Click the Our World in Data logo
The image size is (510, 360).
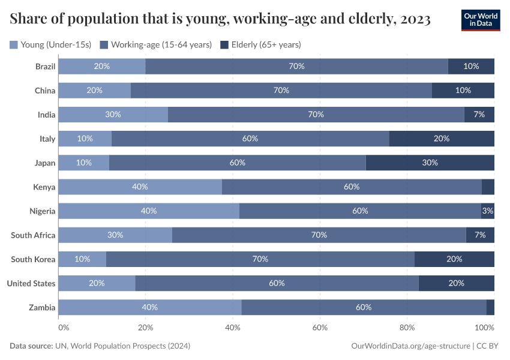[x=481, y=20]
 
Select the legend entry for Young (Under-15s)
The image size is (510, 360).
[x=50, y=44]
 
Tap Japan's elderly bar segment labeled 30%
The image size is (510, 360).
[x=430, y=163]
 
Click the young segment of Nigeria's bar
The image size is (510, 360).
[x=148, y=211]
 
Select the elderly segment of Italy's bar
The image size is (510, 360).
[x=441, y=139]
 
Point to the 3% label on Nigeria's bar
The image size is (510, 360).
[x=488, y=211]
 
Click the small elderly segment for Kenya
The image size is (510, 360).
[x=488, y=187]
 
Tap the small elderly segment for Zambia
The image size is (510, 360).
[x=490, y=307]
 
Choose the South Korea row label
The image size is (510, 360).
[x=33, y=259]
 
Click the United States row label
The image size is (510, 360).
[x=31, y=283]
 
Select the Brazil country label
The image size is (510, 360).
[x=45, y=67]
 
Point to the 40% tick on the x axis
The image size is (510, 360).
[x=233, y=328]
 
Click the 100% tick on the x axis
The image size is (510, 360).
[x=484, y=328]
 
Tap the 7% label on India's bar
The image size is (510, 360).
[x=479, y=115]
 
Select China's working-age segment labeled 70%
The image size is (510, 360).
[x=281, y=91]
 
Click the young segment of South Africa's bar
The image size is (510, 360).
[x=115, y=235]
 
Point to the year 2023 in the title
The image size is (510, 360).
[x=413, y=19]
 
